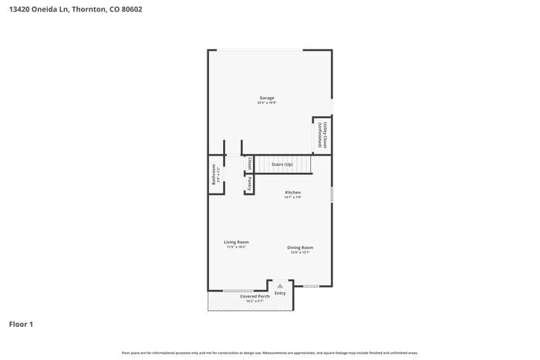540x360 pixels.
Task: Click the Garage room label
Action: pos(266,98)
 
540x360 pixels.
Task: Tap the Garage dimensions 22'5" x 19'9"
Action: pos(266,103)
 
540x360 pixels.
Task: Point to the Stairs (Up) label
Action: pos(282,164)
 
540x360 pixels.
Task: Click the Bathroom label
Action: pos(214,176)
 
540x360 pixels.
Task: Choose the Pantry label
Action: pos(249,183)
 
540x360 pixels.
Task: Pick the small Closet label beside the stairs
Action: pos(249,163)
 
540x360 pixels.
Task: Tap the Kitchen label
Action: pos(292,192)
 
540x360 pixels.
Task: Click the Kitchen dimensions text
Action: pos(292,197)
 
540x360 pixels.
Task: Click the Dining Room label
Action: pos(300,247)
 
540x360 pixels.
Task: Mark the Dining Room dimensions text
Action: pos(300,252)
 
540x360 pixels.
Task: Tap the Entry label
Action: pos(280,293)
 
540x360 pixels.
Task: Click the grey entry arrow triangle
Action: pos(280,285)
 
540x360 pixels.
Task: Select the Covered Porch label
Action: pos(254,296)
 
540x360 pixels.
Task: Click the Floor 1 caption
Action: pos(21,324)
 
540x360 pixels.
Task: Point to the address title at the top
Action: pos(76,10)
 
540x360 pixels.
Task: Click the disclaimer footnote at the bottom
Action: pos(269,352)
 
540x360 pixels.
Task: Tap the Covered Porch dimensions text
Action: pos(254,301)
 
